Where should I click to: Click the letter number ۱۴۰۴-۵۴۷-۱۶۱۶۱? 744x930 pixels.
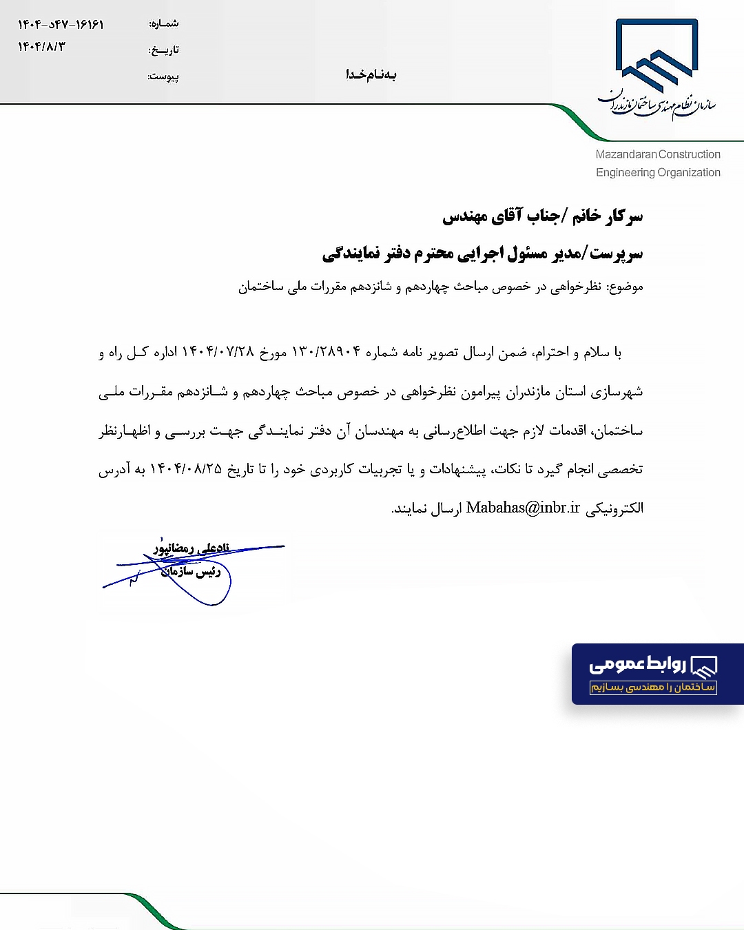click(x=61, y=25)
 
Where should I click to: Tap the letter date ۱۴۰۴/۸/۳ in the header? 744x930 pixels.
click(x=41, y=47)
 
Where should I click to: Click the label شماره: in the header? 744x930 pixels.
click(x=164, y=24)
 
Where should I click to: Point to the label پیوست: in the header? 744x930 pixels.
click(x=163, y=76)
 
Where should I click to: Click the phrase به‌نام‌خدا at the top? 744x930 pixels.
click(x=371, y=74)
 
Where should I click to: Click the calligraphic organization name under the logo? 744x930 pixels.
click(x=657, y=103)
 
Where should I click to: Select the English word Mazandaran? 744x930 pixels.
click(x=626, y=154)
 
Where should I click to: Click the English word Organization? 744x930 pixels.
click(x=689, y=172)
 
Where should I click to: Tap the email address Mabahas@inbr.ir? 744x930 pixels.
click(x=523, y=508)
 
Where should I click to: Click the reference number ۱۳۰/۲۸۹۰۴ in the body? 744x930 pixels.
click(x=327, y=352)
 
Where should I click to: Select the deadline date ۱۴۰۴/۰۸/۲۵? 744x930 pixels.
click(x=186, y=469)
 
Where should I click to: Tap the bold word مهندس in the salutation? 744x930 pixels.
click(x=465, y=217)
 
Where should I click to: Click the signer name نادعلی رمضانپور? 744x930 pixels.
click(x=192, y=548)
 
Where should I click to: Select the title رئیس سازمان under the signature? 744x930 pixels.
click(x=191, y=571)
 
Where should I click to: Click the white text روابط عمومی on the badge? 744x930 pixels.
click(x=637, y=664)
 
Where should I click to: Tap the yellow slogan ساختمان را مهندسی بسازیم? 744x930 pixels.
click(x=653, y=687)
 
